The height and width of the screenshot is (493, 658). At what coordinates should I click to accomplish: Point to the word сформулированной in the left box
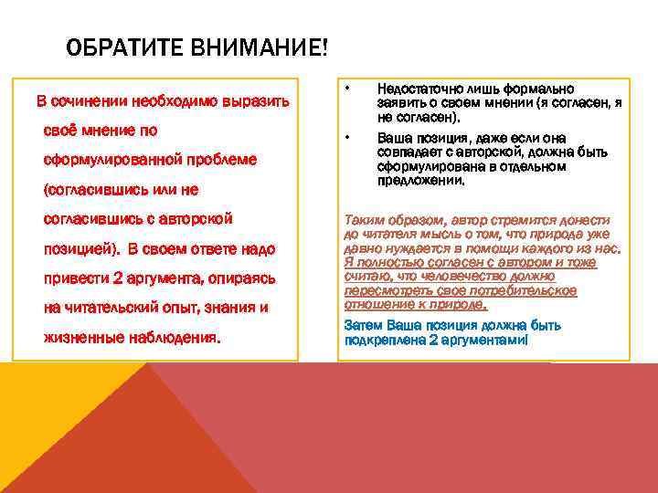[x=113, y=160]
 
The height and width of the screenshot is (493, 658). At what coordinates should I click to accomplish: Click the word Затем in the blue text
[x=363, y=325]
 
